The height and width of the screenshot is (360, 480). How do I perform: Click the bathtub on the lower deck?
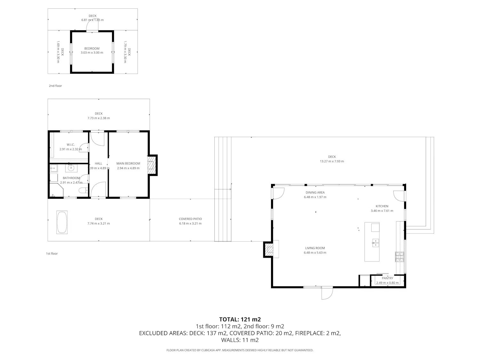62,222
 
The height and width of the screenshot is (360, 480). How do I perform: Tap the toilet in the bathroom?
83,191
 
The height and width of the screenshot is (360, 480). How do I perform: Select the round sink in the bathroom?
71,168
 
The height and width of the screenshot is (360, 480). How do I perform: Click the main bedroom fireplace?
152,165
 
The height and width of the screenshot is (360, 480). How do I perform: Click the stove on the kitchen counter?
400,257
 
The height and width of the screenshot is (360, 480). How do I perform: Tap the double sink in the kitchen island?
375,243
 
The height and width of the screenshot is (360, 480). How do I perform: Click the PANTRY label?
388,278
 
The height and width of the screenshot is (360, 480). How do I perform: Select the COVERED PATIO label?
190,219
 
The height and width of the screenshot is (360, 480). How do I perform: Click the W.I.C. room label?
71,145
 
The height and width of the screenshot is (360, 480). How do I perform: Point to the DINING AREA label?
315,192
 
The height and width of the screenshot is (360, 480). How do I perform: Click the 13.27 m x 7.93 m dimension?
332,161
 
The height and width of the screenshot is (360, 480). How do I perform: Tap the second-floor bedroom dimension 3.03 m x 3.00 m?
92,52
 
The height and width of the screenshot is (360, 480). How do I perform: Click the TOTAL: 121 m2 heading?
240,319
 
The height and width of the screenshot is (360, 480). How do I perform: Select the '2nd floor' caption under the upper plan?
55,86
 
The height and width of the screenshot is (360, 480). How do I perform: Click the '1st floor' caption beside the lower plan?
52,253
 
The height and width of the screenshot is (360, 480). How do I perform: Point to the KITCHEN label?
382,206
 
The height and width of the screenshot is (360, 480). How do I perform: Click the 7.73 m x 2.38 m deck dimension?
99,118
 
